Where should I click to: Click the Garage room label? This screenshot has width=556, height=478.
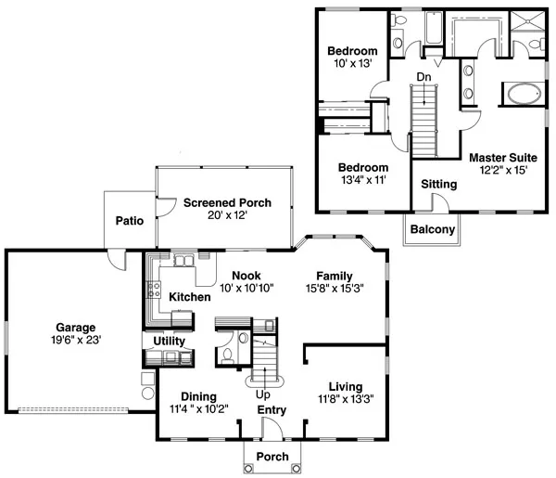point(76,327)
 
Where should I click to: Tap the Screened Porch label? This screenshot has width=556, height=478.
point(220,202)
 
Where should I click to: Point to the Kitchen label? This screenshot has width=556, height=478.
point(189,297)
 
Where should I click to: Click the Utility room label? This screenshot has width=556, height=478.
point(169,342)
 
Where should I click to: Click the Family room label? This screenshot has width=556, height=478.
point(334,277)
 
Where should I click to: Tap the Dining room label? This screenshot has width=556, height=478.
point(198,395)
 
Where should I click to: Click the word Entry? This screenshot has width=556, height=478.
point(272,410)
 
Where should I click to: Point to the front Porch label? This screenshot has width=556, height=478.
point(272,457)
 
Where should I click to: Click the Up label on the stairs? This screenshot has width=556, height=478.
point(263,394)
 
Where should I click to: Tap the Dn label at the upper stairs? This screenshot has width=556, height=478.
point(423,76)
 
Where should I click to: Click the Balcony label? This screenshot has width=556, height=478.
point(433,229)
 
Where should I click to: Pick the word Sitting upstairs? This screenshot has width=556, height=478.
point(438,185)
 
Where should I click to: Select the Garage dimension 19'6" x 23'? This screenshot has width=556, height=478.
point(76,340)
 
